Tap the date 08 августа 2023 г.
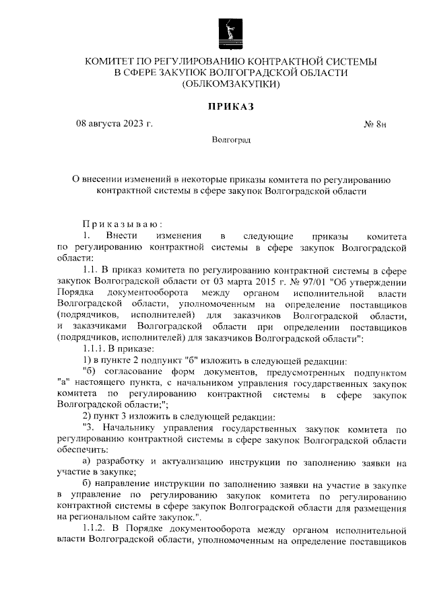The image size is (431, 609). pos(114,124)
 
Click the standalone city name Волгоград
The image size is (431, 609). pos(231,141)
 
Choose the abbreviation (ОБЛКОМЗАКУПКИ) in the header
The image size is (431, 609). pos(230,85)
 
